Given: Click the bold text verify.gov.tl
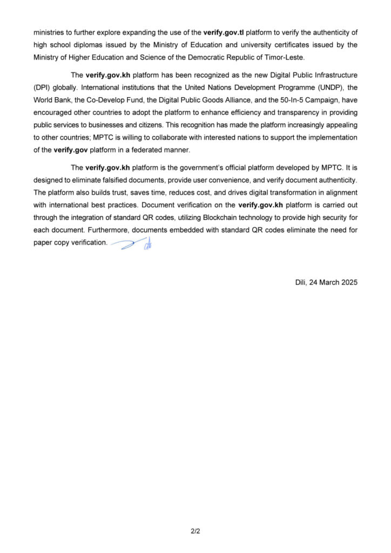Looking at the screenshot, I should coord(223,33).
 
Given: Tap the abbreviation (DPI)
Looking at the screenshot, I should coord(43,87).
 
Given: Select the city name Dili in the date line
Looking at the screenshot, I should coord(301,282).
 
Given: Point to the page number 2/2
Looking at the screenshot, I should coord(195,531).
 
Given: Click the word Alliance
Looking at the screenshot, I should coord(215,100).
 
